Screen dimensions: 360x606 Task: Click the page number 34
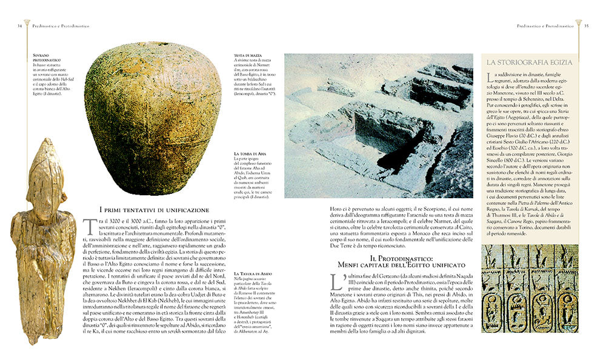click(x=20, y=26)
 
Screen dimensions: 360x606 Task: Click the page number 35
click(x=586, y=26)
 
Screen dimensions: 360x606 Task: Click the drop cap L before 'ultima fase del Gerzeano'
click(x=336, y=283)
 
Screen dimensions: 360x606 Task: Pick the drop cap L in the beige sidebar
click(x=488, y=78)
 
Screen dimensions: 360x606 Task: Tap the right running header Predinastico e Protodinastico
click(x=545, y=26)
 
